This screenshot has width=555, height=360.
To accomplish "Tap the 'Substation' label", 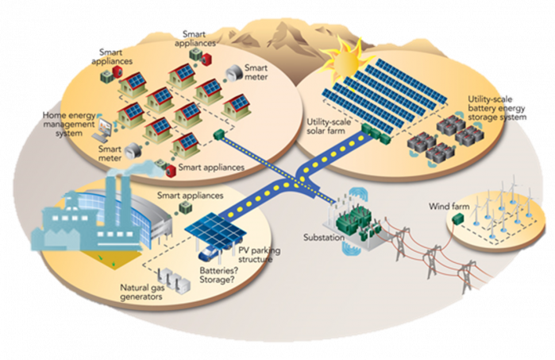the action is [x=323, y=238].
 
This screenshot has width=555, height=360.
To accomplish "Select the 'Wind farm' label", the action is [x=449, y=206].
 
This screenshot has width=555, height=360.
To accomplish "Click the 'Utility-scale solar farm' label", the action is [x=329, y=126].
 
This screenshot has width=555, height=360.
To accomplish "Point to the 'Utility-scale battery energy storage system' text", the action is [x=496, y=108].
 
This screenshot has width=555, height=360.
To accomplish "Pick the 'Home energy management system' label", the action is [x=69, y=124].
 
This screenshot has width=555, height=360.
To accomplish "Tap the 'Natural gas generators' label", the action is [x=142, y=292].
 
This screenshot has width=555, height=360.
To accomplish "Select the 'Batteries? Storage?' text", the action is [x=218, y=275].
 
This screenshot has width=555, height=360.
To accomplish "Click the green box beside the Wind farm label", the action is [x=458, y=219].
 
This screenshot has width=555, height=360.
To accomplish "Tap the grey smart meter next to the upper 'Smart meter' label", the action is [x=233, y=73].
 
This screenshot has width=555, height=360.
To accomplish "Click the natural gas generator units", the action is [x=173, y=280].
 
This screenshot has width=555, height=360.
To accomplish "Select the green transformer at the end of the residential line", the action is [x=219, y=134].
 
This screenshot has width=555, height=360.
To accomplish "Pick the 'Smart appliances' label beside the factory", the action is [x=190, y=195].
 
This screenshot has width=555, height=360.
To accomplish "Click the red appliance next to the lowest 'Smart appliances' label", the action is [x=171, y=170].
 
